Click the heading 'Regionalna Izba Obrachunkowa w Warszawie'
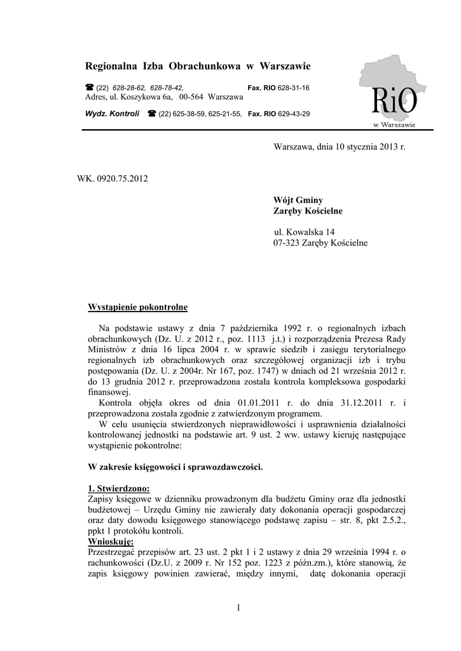pos(198,66)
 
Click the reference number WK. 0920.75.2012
pos(113,179)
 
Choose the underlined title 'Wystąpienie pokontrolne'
pos(137,308)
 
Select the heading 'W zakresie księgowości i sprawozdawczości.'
pos(175,466)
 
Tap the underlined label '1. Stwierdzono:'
pos(118,488)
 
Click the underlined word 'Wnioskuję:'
pos(110,541)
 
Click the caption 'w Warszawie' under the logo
pos(394,125)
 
